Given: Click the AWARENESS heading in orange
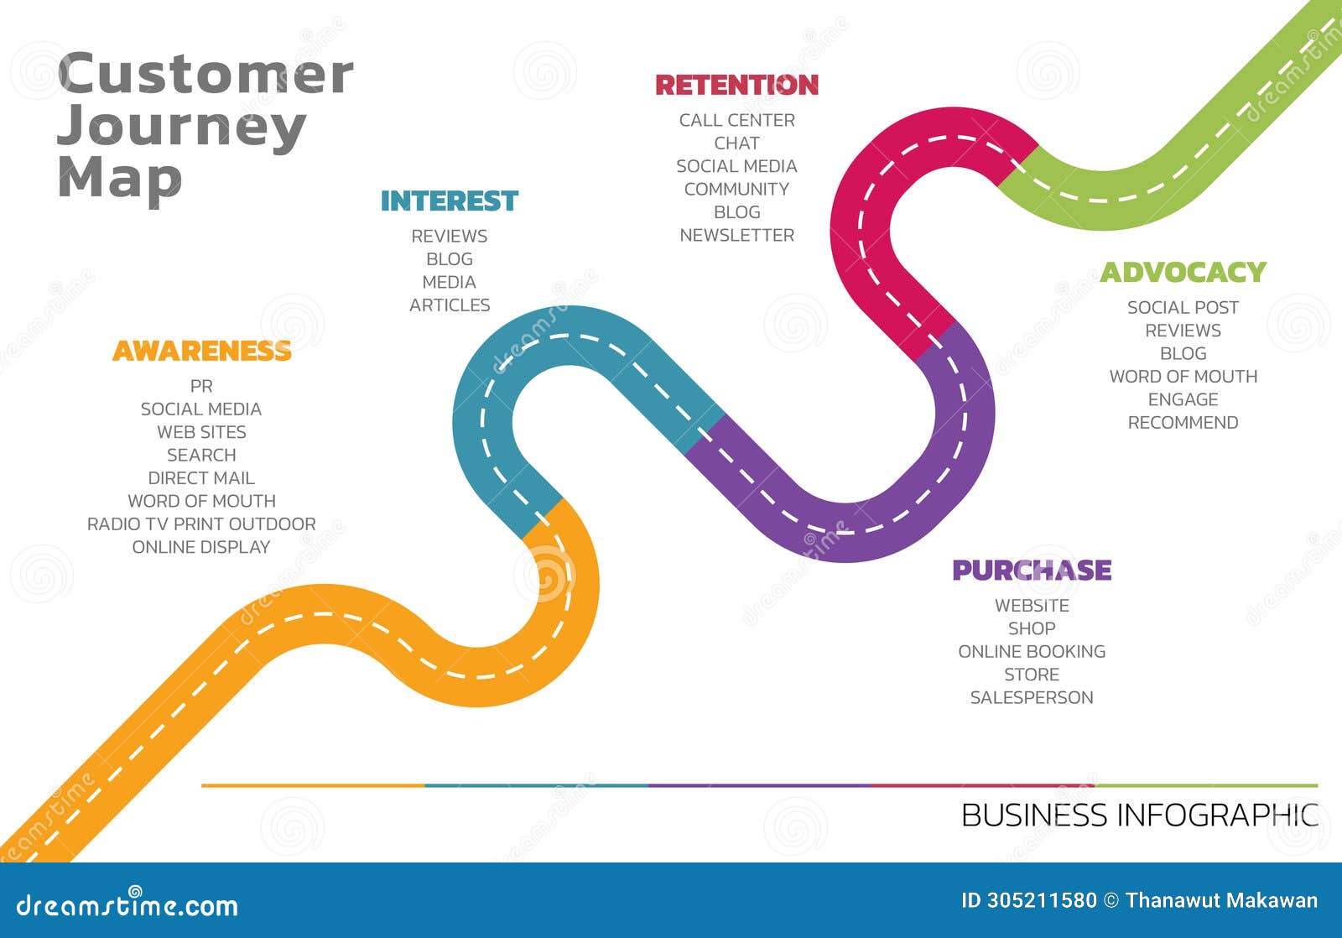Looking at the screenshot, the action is [202, 351].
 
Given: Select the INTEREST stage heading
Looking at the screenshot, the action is [450, 201].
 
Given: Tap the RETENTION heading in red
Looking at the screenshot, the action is [736, 85].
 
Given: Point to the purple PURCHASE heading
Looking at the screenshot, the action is [1032, 571].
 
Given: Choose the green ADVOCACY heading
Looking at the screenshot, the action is [1183, 273].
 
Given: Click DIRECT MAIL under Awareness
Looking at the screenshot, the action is [201, 478].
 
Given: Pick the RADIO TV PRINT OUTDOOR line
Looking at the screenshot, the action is [201, 524].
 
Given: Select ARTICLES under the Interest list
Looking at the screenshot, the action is [450, 305].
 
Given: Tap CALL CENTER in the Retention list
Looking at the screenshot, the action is [736, 121].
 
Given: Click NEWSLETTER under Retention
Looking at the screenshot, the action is [736, 236].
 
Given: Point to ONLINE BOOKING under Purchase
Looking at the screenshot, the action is [1032, 652].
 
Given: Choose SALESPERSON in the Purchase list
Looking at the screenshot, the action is [1032, 698].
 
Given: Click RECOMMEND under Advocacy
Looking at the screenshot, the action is [1183, 423].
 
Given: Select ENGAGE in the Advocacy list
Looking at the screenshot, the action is [1183, 400].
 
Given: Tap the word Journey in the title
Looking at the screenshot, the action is [181, 128].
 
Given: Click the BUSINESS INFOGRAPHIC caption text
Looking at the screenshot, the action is [1139, 816].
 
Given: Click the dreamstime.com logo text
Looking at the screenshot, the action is [127, 905].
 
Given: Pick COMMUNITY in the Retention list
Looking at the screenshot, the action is [736, 190].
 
